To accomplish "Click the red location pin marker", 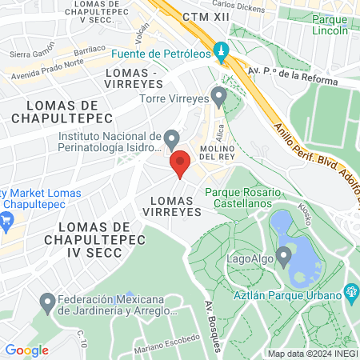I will (x=180, y=163).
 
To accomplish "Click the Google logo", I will (x=27, y=350).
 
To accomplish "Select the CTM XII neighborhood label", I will (x=199, y=17).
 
